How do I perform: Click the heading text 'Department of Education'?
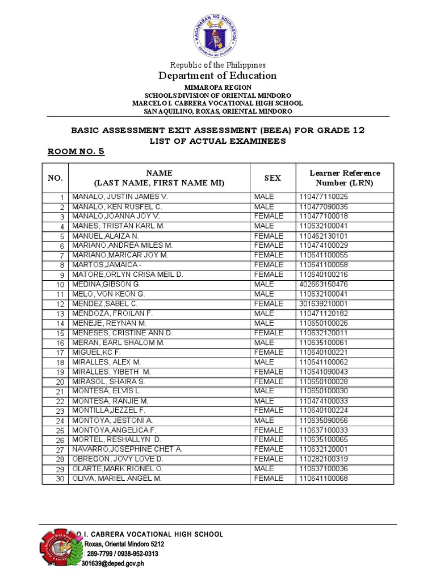[x=217, y=76]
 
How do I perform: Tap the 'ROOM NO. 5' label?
[x=76, y=152]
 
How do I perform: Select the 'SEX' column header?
[x=272, y=178]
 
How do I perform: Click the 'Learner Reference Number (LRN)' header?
[x=345, y=178]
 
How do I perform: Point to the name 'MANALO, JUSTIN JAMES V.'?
[x=116, y=197]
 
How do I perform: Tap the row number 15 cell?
[x=60, y=333]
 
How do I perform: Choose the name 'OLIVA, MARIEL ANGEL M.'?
[x=117, y=479]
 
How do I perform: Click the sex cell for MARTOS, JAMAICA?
[x=269, y=265]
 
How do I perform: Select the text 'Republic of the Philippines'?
[x=217, y=65]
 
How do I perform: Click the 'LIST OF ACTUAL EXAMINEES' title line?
[x=217, y=141]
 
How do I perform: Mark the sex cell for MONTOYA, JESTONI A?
[x=264, y=421]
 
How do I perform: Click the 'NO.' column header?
[x=55, y=178]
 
